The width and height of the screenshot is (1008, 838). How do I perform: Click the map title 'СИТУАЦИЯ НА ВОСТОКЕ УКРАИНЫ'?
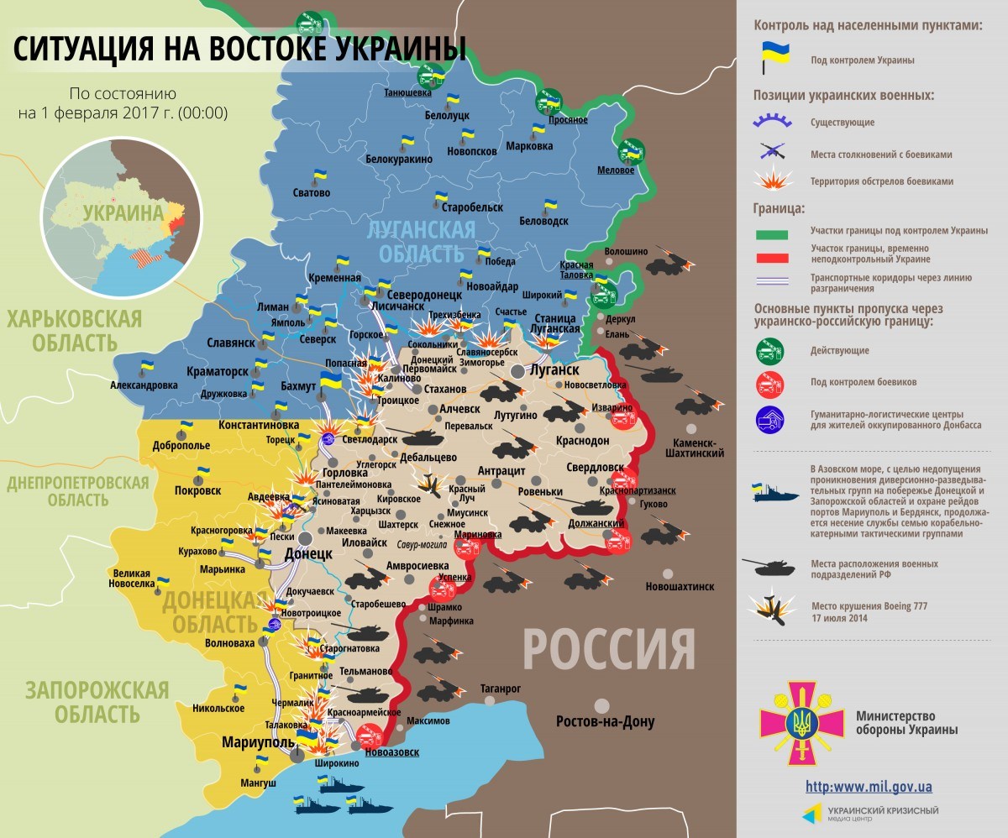click(239, 50)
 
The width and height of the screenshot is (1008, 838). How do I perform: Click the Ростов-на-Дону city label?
click(605, 721)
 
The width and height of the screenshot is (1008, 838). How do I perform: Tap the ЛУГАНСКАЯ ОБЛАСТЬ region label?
click(421, 241)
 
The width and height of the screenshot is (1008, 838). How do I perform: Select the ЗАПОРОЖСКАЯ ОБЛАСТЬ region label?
click(97, 702)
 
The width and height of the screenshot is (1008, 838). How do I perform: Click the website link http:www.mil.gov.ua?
click(869, 787)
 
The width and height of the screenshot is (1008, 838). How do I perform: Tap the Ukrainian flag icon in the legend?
click(772, 59)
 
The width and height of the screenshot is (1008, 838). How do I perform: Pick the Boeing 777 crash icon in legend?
click(772, 610)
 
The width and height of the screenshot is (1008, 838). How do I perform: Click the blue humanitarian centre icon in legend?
click(770, 419)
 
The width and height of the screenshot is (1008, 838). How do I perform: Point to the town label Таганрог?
click(501, 689)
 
